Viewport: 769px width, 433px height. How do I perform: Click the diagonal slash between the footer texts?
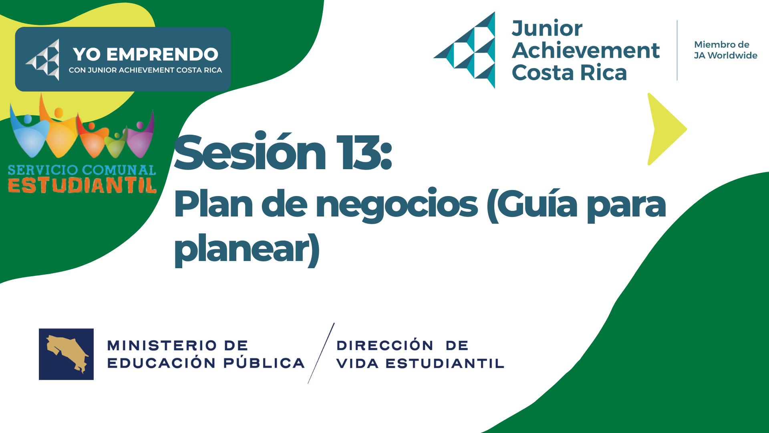point(321,353)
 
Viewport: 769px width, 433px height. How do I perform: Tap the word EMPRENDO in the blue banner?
point(162,55)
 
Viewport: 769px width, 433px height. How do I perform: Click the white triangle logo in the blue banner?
point(42,60)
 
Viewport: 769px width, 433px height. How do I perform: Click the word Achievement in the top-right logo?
point(586,51)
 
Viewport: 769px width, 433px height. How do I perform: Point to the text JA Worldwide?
point(725,55)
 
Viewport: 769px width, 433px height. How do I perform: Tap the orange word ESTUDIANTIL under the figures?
point(82,186)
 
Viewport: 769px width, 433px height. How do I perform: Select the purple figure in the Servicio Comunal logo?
point(140,136)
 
